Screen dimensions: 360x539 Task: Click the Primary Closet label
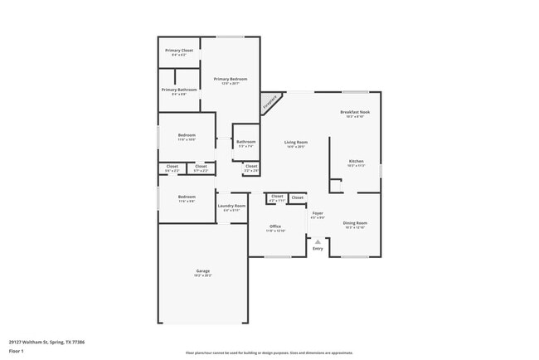click(178, 51)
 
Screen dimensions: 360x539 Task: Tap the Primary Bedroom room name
click(231, 79)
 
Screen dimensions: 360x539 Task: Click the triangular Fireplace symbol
click(269, 103)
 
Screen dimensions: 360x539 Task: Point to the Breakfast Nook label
click(355, 112)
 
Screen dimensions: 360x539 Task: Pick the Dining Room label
click(355, 222)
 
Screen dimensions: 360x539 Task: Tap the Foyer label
click(318, 213)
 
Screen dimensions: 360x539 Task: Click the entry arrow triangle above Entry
click(318, 241)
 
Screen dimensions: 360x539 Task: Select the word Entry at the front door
click(318, 249)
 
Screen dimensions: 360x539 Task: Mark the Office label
click(274, 226)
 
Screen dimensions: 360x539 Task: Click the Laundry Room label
click(231, 206)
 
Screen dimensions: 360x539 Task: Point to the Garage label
click(202, 271)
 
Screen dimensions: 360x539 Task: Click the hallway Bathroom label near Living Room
click(246, 142)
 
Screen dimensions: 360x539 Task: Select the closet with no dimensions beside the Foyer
click(297, 197)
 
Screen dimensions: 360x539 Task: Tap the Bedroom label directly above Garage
click(187, 197)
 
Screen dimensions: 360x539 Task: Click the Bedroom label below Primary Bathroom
click(187, 135)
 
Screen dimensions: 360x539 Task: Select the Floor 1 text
click(17, 351)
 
